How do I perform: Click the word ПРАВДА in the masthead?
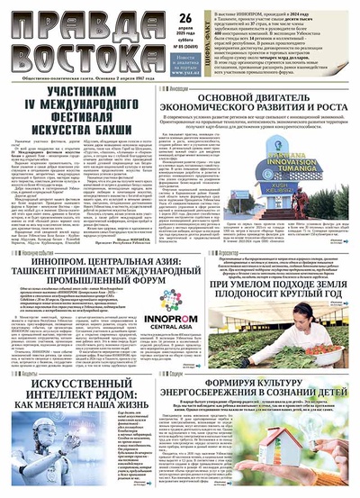(x=98, y=18)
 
